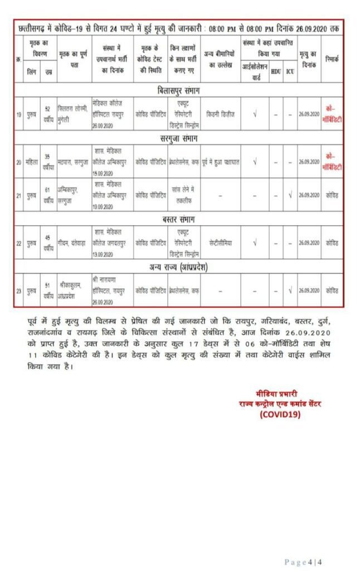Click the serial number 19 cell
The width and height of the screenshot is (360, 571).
coord(20,114)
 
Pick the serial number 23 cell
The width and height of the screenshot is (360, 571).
coord(20,290)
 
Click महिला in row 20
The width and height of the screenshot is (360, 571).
coord(32,162)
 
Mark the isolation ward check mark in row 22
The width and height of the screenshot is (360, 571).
coord(255,243)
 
